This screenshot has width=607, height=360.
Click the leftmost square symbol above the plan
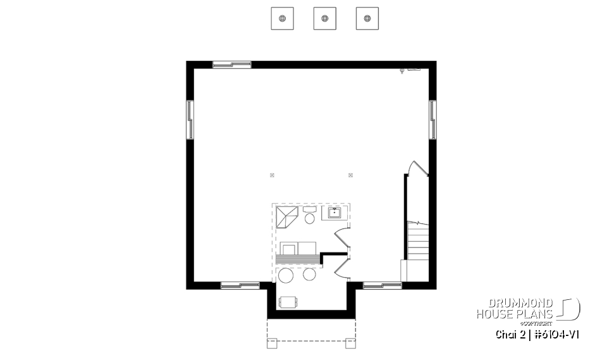pyautogui.click(x=282, y=18)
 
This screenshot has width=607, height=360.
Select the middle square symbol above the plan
pyautogui.click(x=324, y=18)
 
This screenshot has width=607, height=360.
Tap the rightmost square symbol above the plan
pyautogui.click(x=367, y=18)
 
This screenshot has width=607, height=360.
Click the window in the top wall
pyautogui.click(x=231, y=65)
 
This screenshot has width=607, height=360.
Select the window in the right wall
pyautogui.click(x=432, y=118)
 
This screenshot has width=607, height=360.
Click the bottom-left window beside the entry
pyautogui.click(x=240, y=285)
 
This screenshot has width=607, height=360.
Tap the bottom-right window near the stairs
pyautogui.click(x=383, y=285)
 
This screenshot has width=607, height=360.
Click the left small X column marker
pyautogui.click(x=272, y=175)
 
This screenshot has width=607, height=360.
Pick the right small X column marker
pyautogui.click(x=350, y=175)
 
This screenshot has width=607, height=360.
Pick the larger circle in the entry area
pyautogui.click(x=286, y=276)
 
